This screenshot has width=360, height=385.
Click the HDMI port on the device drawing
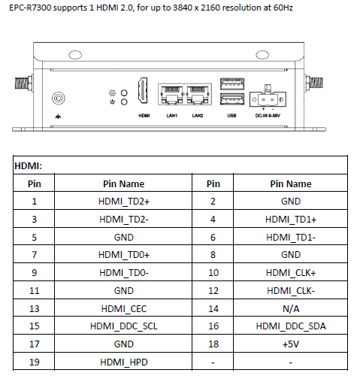coord(142,90)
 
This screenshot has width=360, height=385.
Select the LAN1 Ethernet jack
coord(171,95)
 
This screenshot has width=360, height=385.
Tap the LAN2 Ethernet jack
coord(198,95)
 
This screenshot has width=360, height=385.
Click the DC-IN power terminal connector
coord(268,98)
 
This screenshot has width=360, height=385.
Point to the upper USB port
coord(232,83)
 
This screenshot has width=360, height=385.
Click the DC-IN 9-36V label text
coord(268,116)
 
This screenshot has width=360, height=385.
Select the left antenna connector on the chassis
coord(24,83)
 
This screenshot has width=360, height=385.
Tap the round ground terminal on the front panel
coord(59,98)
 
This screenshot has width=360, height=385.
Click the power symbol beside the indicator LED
coord(112,102)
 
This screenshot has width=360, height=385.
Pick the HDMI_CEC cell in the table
coord(124,308)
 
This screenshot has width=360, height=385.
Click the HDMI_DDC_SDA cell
coord(291,326)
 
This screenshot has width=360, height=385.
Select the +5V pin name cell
coord(291,344)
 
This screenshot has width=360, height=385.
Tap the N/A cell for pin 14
coord(291,308)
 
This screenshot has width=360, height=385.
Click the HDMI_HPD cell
coord(124,362)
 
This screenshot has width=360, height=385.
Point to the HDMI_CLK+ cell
coord(291,273)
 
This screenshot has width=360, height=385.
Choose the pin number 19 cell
coord(35,362)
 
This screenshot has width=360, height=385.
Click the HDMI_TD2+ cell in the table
coord(124,202)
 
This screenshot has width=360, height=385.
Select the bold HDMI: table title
coord(28,165)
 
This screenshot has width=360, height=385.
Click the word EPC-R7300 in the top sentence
coord(30,8)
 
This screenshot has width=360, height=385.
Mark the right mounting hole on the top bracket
coord(262,55)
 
